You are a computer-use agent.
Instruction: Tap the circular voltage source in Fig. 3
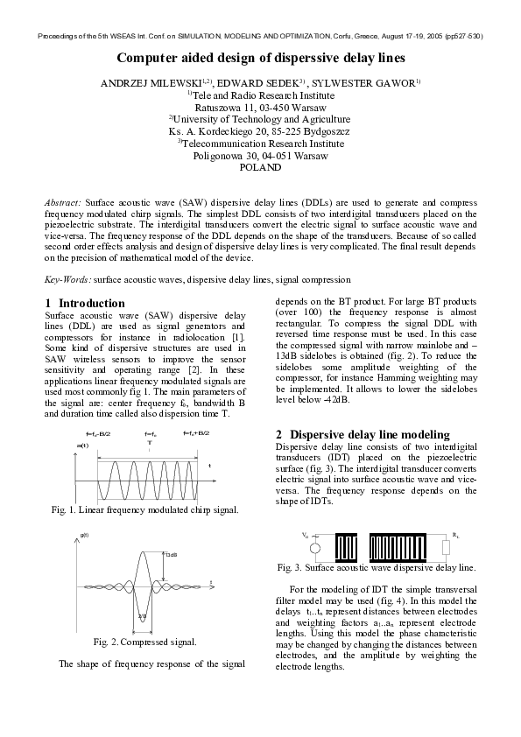coord(316,548)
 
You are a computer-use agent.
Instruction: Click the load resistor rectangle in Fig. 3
coord(447,548)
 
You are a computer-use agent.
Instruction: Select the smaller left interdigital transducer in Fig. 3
coord(348,547)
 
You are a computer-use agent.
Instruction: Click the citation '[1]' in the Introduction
coord(237,337)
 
